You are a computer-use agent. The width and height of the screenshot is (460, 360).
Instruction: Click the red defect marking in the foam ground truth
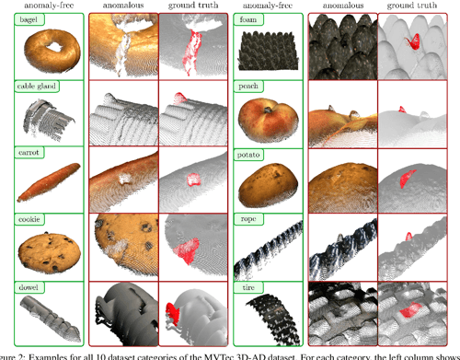coord(416,40)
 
